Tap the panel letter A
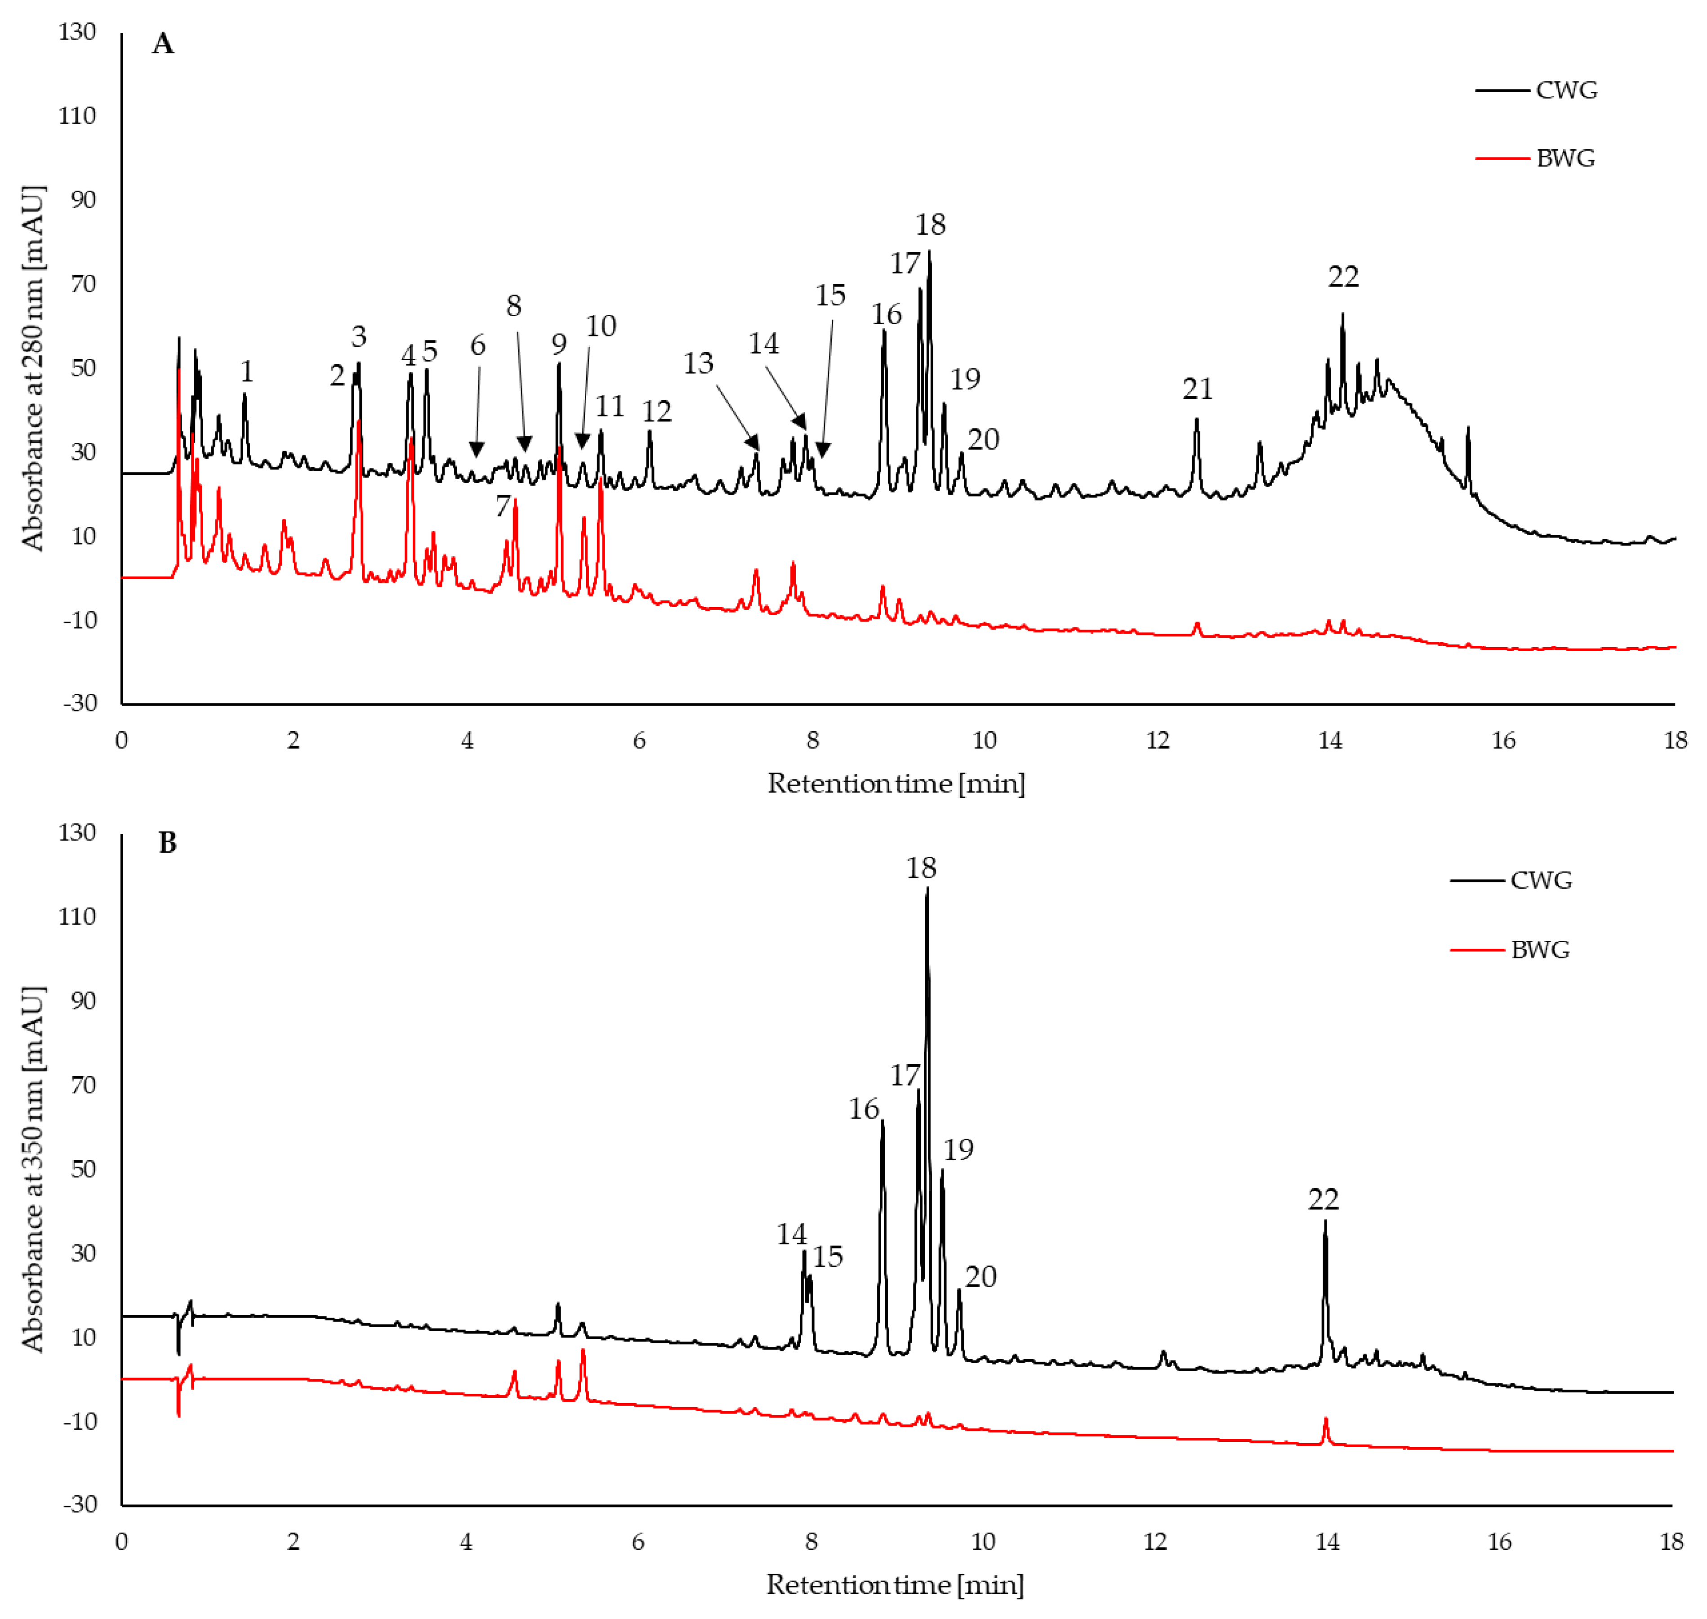tap(163, 43)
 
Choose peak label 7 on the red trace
tap(502, 506)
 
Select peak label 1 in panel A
tap(247, 372)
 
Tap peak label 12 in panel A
tap(656, 411)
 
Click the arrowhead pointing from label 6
tap(476, 451)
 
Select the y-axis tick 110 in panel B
tap(78, 917)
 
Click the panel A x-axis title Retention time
tap(896, 783)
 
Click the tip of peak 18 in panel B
tap(927, 888)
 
